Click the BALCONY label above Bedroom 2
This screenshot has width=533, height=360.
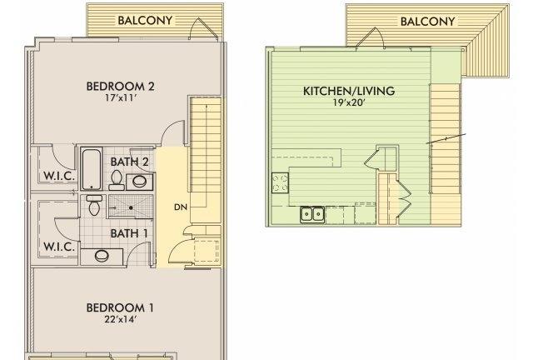(146, 20)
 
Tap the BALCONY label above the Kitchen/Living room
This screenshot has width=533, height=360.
(428, 21)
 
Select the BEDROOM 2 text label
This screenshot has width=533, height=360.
(122, 85)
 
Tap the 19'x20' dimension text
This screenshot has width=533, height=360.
(349, 104)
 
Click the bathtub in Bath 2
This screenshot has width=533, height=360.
(92, 168)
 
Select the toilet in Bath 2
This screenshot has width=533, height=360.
(117, 179)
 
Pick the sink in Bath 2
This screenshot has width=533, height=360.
(141, 181)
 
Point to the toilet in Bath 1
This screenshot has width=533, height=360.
(94, 206)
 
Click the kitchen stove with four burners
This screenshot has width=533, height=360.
(280, 182)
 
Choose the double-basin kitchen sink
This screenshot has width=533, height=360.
(313, 215)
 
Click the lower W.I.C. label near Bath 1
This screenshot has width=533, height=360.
(58, 247)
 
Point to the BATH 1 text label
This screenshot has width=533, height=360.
(129, 232)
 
